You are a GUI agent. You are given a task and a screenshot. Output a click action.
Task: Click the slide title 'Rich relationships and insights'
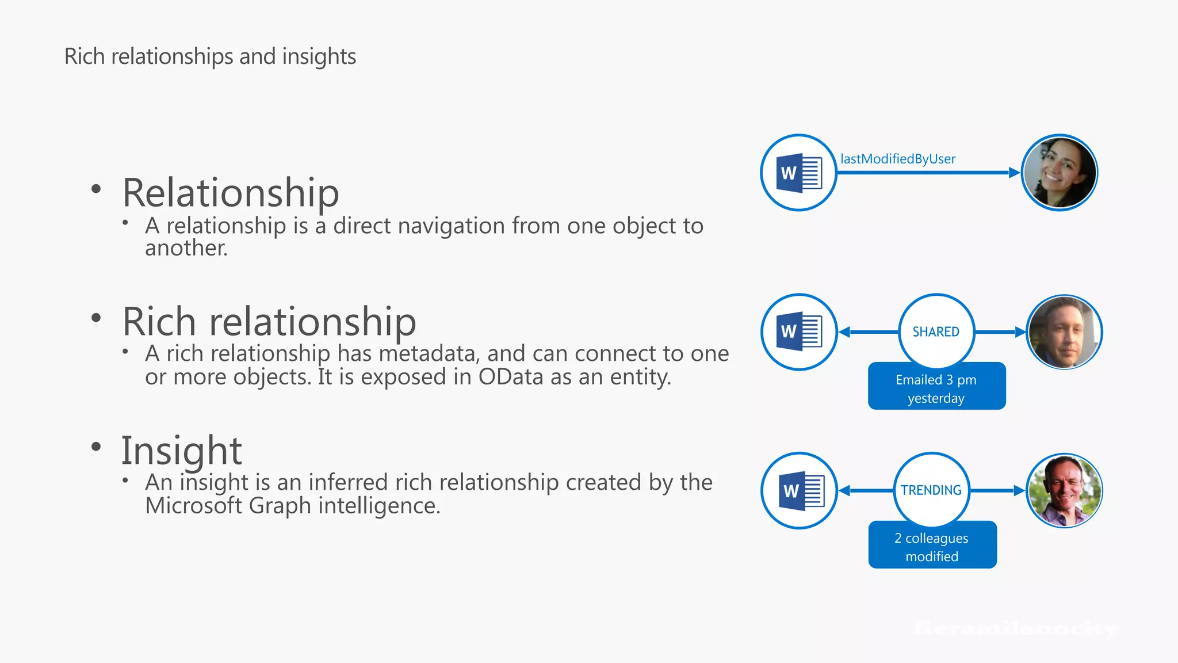tap(210, 56)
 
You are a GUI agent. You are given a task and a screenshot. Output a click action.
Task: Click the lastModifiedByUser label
tap(897, 159)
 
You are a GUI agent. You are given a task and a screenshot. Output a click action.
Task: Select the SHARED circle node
tap(936, 331)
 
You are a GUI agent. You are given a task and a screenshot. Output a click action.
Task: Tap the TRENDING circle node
tap(931, 490)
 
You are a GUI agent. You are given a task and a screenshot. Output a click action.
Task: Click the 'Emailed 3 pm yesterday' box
tap(936, 388)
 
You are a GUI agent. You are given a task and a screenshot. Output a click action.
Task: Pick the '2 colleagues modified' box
tap(932, 547)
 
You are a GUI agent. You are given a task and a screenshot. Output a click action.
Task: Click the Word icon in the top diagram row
tap(798, 173)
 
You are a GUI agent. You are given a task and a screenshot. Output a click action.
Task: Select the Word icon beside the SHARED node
tap(799, 332)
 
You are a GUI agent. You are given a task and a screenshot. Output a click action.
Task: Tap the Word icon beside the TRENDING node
tap(800, 490)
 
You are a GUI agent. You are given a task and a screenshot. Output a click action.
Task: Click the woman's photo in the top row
tap(1060, 173)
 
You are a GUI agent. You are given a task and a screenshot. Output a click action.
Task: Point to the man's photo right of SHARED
tap(1064, 332)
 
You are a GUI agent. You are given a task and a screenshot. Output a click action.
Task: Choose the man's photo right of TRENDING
tap(1064, 490)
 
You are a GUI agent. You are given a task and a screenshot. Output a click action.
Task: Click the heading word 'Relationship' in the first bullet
tap(231, 193)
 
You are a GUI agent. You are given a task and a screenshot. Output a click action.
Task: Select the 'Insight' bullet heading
tap(181, 450)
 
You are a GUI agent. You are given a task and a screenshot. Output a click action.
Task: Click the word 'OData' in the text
tap(511, 377)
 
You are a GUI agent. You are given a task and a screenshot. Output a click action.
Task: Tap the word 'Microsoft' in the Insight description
tap(193, 506)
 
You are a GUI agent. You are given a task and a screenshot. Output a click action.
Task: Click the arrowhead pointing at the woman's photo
tap(1015, 173)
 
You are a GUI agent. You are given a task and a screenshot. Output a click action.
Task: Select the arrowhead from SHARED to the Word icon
tap(844, 332)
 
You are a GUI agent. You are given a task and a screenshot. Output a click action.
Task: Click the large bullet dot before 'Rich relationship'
tap(96, 318)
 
